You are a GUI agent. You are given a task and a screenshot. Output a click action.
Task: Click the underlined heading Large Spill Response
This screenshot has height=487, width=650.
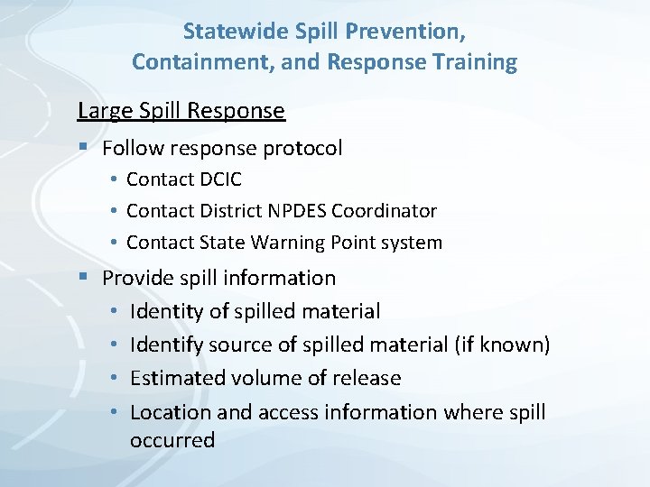tap(181, 111)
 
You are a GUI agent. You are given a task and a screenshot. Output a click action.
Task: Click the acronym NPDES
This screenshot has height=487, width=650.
tap(296, 211)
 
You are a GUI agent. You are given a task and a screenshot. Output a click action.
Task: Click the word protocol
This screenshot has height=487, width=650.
tap(303, 148)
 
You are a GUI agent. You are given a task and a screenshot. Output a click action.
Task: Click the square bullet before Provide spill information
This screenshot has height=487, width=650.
tap(83, 278)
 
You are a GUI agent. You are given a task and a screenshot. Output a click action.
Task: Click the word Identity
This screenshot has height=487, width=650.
tap(166, 312)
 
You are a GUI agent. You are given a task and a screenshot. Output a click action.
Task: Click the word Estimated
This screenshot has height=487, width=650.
tap(177, 379)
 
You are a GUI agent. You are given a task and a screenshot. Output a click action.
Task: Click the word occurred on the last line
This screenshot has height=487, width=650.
tap(172, 441)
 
